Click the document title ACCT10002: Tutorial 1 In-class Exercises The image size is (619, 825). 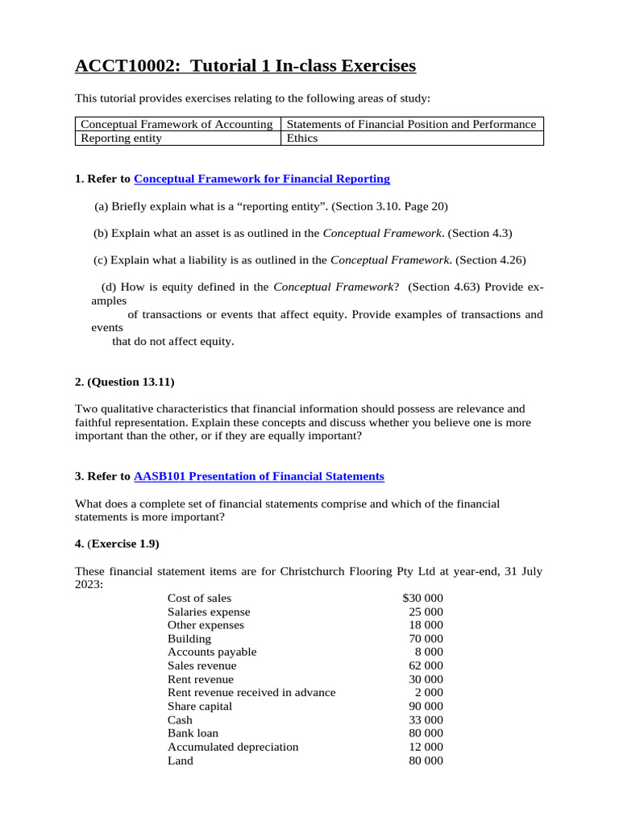click(x=246, y=66)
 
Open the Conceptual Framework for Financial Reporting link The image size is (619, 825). click(x=261, y=179)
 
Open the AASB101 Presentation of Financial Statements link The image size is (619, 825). click(x=259, y=476)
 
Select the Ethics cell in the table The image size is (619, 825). click(x=302, y=138)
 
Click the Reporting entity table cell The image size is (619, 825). click(x=122, y=138)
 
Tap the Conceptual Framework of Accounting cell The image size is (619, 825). click(x=177, y=124)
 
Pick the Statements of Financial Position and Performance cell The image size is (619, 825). click(x=411, y=124)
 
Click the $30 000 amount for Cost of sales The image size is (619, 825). click(x=422, y=598)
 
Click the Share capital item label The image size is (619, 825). click(x=199, y=706)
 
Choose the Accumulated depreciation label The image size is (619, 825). click(x=233, y=747)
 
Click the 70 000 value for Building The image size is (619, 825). click(x=426, y=638)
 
